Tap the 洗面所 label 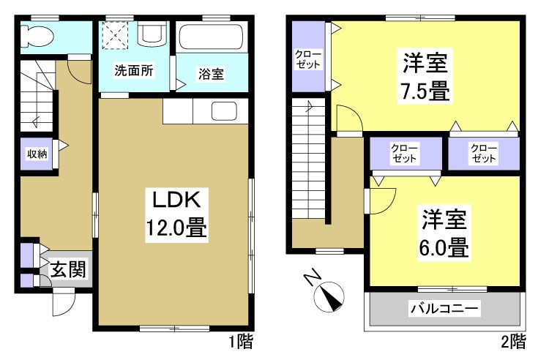tap(133, 72)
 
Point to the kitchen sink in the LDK tap(223, 112)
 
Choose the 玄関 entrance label tap(68, 270)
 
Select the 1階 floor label tap(241, 341)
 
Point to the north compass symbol tap(326, 295)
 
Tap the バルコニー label tap(444, 310)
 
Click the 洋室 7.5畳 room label tap(425, 76)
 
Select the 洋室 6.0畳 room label tap(444, 233)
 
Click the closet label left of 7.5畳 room tap(307, 59)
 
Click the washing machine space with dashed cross tap(115, 34)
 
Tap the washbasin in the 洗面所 tap(152, 34)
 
